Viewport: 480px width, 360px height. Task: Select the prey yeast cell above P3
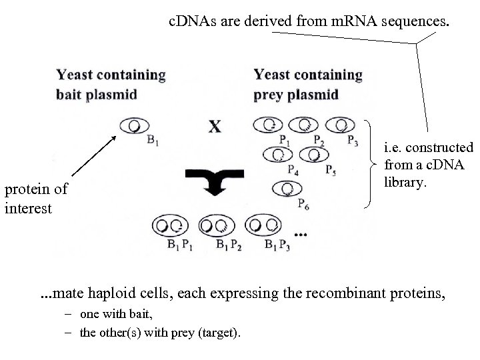pyautogui.click(x=341, y=125)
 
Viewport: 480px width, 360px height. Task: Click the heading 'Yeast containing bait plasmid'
pyautogui.click(x=111, y=84)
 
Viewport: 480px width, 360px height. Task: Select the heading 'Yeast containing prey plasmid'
pyautogui.click(x=307, y=84)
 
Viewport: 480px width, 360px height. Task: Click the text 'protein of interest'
pyautogui.click(x=35, y=198)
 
